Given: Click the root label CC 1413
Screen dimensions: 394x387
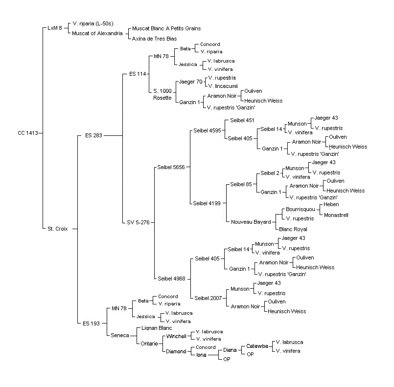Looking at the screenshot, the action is (x=28, y=133).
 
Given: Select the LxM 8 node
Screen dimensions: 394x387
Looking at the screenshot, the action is (x=55, y=28).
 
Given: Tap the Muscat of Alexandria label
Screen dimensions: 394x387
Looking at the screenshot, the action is (x=97, y=33).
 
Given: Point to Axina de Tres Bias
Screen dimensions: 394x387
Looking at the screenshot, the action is (x=154, y=39).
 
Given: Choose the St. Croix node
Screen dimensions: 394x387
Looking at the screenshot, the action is (x=58, y=229).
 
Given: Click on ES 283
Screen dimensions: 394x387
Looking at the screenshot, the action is (x=93, y=135).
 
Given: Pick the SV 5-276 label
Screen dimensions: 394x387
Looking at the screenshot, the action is (x=138, y=222).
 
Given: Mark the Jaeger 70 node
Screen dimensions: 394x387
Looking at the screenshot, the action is (x=191, y=82).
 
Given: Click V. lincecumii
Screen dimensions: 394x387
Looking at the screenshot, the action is (x=223, y=86).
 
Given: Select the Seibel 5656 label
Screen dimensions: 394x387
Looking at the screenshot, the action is (x=171, y=167).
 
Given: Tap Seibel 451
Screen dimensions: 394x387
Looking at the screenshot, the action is (x=242, y=120).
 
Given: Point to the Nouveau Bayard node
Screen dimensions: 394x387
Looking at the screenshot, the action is (x=251, y=222).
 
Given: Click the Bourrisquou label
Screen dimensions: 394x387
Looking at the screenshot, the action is (x=301, y=209).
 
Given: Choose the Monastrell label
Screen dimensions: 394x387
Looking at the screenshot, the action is (x=336, y=215).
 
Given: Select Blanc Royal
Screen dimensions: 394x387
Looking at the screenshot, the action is (x=293, y=229).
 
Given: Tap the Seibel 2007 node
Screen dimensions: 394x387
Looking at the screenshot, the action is (x=208, y=298).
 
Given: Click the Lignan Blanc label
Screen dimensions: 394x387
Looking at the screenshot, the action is (x=157, y=328).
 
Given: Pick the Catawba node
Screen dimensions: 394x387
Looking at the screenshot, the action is (x=257, y=346).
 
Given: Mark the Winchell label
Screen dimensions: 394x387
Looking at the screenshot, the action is (x=176, y=336).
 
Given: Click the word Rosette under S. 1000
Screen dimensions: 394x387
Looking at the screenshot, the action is (x=162, y=98).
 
